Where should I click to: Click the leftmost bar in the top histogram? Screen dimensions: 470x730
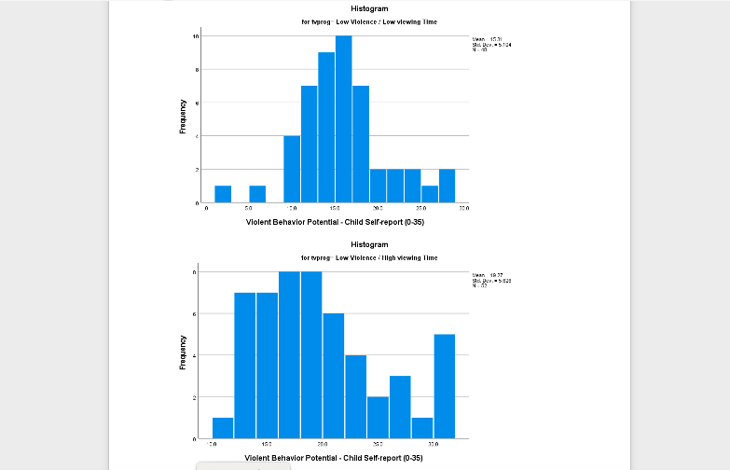point(223,194)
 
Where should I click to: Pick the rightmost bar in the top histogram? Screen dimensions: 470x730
point(447,187)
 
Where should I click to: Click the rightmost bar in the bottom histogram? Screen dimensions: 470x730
point(444,386)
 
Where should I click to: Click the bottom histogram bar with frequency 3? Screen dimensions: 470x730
point(400,407)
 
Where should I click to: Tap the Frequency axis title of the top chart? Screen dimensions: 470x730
point(183,117)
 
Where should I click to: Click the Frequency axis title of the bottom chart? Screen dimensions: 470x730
point(183,352)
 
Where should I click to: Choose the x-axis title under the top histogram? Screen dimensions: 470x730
point(334,222)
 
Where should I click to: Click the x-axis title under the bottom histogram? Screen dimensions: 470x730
point(334,458)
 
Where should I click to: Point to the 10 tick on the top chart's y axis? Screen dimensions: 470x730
point(196,36)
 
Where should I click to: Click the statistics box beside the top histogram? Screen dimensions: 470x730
point(492,45)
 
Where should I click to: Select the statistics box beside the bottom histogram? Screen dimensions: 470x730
point(492,280)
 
